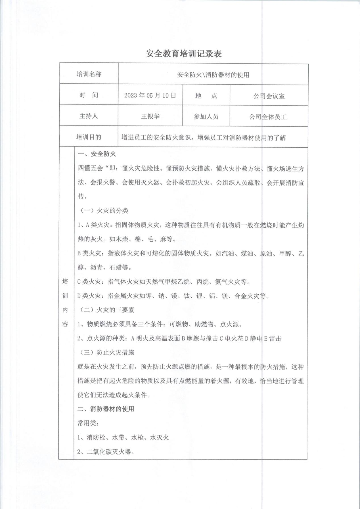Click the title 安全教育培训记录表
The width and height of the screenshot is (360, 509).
(x=184, y=54)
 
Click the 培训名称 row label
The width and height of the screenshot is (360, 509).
(x=89, y=74)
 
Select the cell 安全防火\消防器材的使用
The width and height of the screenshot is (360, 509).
(x=213, y=75)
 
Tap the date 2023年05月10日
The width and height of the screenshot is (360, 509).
(x=150, y=95)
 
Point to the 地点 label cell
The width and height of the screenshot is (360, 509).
(x=206, y=96)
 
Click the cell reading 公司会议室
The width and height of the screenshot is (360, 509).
(x=269, y=96)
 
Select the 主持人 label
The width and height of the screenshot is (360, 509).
(x=89, y=116)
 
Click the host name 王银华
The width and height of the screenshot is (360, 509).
(x=150, y=116)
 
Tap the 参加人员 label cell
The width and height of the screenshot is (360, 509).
(x=206, y=117)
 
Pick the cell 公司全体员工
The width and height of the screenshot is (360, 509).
(x=268, y=117)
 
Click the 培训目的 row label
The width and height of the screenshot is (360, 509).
(x=89, y=137)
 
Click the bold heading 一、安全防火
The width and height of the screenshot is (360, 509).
(x=97, y=154)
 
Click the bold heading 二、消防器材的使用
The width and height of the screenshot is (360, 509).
(x=106, y=409)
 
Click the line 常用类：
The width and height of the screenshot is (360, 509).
(x=88, y=423)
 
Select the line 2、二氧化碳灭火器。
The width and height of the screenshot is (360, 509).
(x=106, y=452)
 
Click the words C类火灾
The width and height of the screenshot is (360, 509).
(x=89, y=282)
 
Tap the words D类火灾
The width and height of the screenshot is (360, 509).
(x=89, y=296)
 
